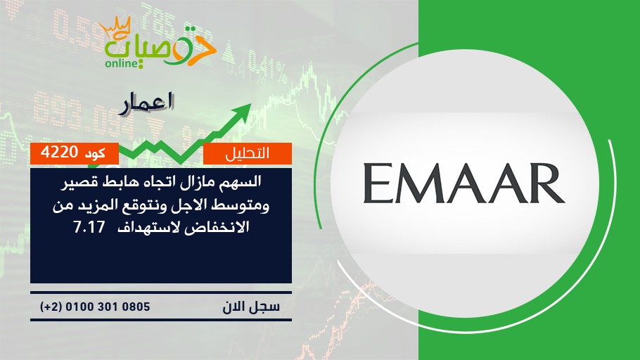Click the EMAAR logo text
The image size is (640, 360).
(463, 184)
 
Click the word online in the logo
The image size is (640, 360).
(121, 64)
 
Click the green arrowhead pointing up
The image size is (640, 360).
(242, 111)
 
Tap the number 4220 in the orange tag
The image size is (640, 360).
(60, 153)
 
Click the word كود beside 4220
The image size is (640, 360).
(95, 153)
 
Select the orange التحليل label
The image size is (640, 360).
(248, 153)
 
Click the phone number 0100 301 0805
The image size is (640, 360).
(108, 307)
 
